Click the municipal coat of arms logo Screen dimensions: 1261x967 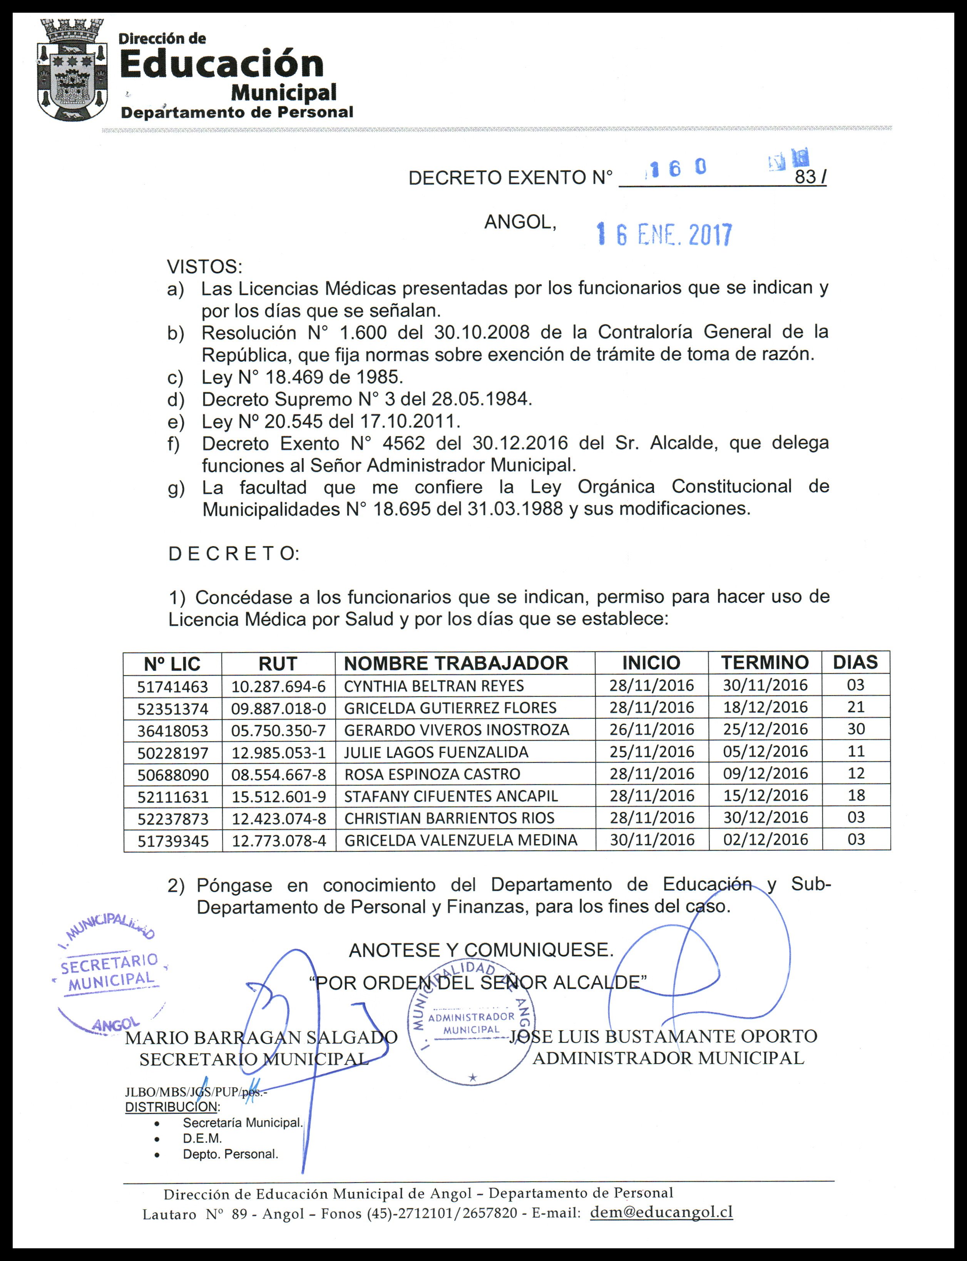pyautogui.click(x=72, y=70)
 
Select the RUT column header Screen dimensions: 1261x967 pyautogui.click(x=278, y=664)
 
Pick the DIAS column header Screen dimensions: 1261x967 pyautogui.click(x=855, y=662)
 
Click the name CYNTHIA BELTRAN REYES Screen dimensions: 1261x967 pyautogui.click(x=434, y=686)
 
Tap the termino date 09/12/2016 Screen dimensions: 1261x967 pyautogui.click(x=766, y=774)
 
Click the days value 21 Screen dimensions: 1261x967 pyautogui.click(x=856, y=707)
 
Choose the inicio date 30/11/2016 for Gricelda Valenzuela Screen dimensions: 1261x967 pyautogui.click(x=652, y=840)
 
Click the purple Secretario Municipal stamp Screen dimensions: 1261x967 pyautogui.click(x=109, y=978)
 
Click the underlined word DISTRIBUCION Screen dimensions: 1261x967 pyautogui.click(x=172, y=1107)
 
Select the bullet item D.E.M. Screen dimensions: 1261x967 pyautogui.click(x=202, y=1139)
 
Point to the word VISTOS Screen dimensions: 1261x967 pyautogui.click(x=204, y=266)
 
